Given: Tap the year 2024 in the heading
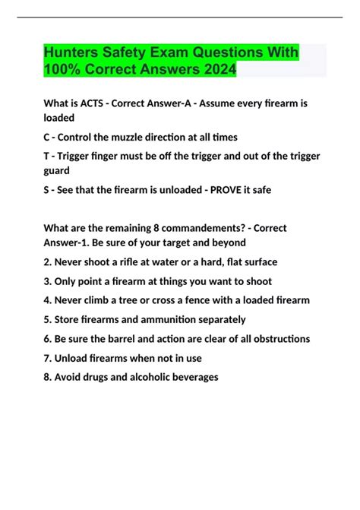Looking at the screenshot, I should (218, 70).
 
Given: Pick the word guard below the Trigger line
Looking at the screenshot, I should (59, 172).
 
